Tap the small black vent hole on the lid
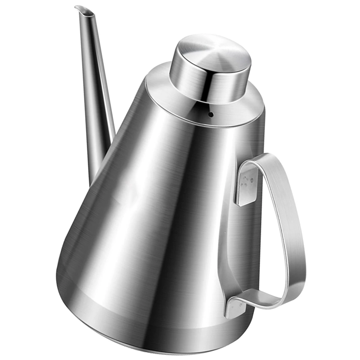click(x=211, y=115)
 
